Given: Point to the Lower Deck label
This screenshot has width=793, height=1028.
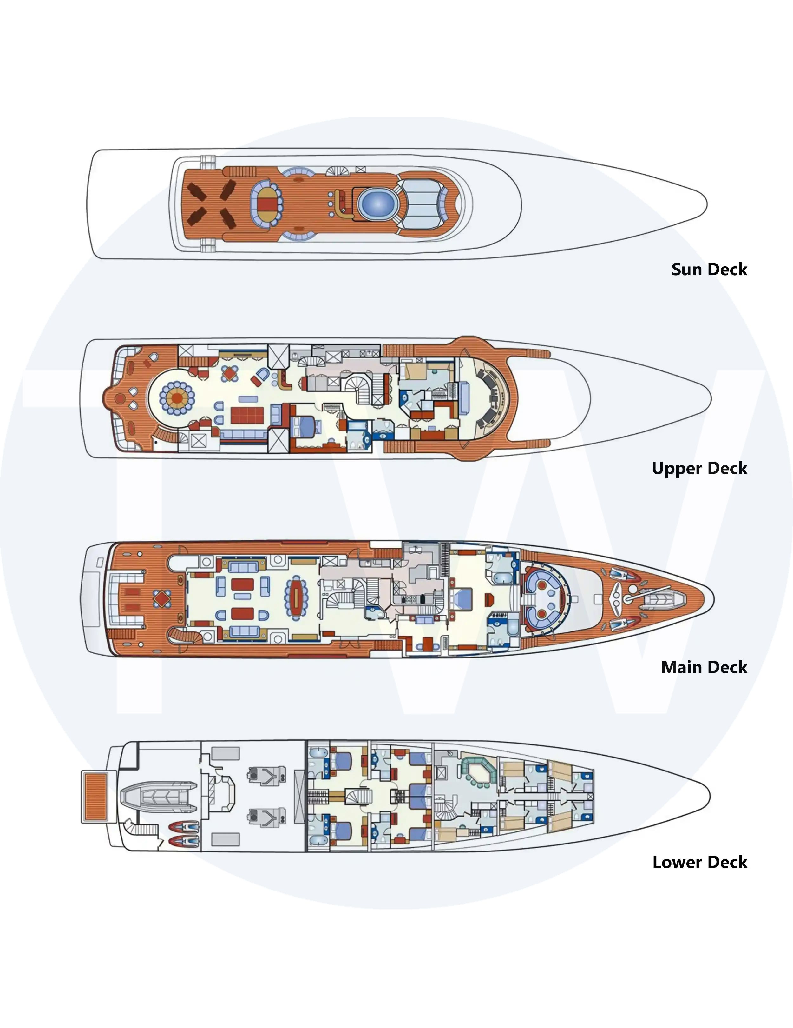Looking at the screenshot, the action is click(x=699, y=862).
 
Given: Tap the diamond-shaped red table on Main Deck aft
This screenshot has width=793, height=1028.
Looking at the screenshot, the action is click(x=162, y=599).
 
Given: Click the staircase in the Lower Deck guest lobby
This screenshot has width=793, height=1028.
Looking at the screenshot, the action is click(x=358, y=797).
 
